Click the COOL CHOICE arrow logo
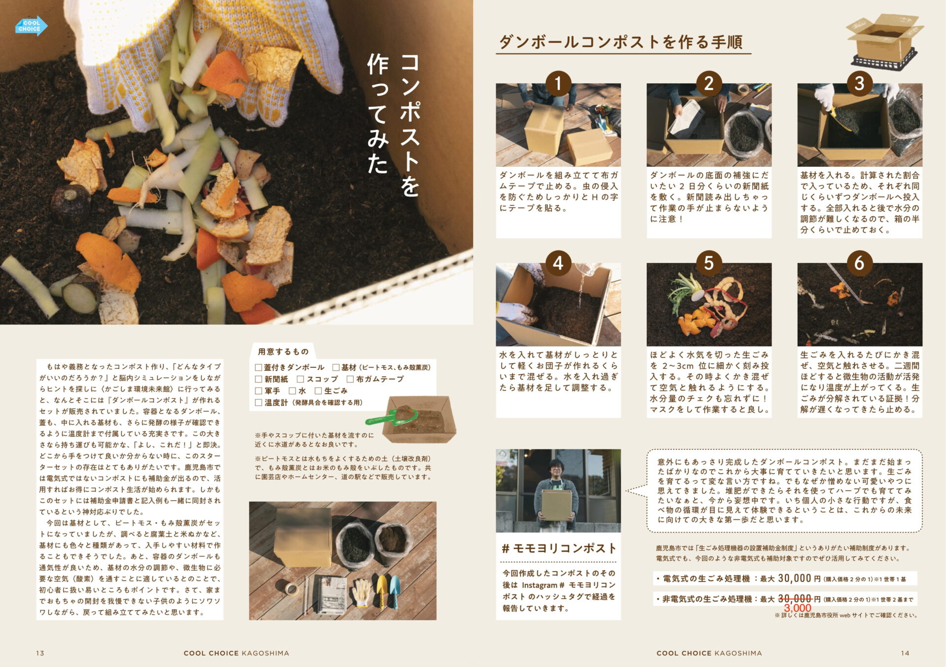[31, 26]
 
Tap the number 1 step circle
[558, 83]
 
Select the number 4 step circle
[558, 263]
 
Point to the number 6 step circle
[859, 263]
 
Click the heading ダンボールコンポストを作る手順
[621, 42]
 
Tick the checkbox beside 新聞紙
[258, 379]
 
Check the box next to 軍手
[258, 391]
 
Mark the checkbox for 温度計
[258, 403]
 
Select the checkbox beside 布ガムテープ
[350, 379]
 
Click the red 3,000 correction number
[797, 608]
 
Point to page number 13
[40, 653]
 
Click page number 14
[905, 653]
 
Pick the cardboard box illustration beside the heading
[884, 40]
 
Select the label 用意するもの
[283, 351]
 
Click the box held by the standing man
[557, 505]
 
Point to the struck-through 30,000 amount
[794, 599]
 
